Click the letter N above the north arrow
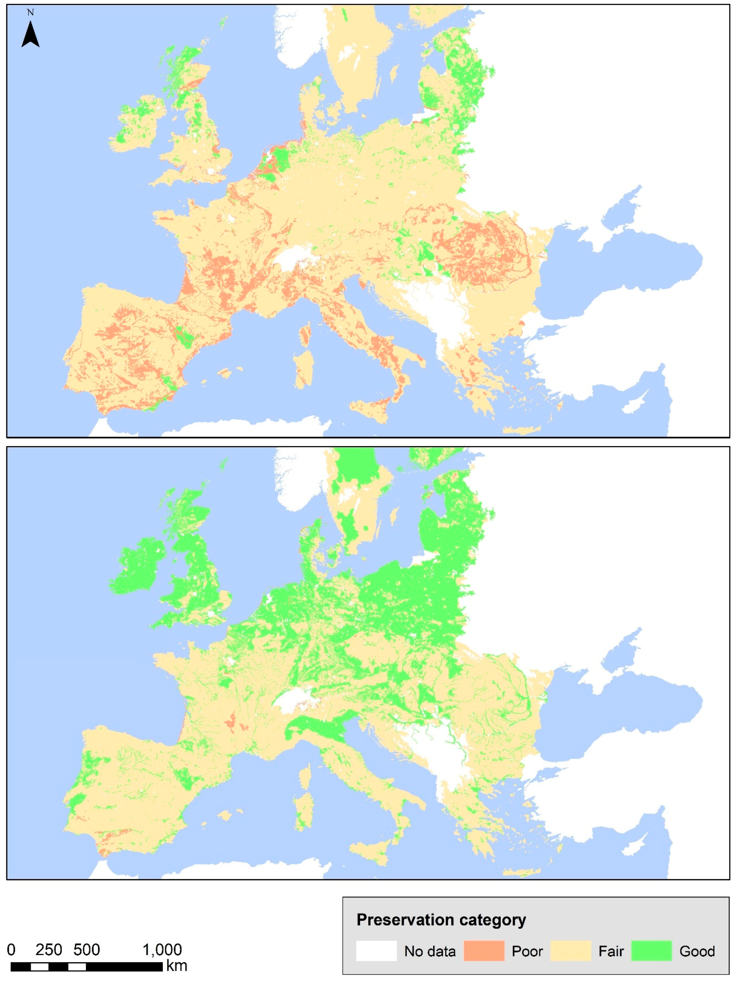tap(30, 12)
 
